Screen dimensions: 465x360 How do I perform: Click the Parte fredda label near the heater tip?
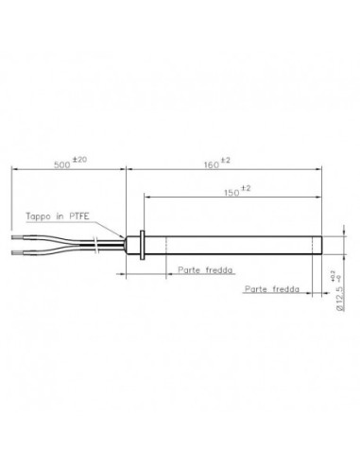click(271, 288)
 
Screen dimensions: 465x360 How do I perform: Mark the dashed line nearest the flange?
click(167, 243)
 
